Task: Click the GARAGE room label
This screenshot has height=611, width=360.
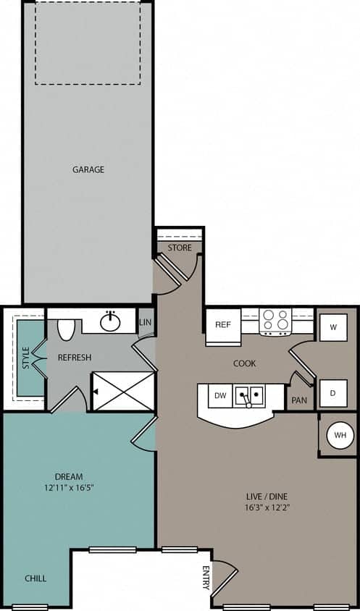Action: point(88,169)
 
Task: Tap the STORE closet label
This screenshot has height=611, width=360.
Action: point(180,248)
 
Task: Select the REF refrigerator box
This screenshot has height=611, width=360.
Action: point(223,324)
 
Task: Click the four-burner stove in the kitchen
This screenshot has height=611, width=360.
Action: point(275,319)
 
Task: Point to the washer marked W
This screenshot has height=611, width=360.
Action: point(333,326)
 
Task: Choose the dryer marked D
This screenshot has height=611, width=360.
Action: point(333,393)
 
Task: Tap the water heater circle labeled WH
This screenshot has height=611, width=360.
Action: point(340,436)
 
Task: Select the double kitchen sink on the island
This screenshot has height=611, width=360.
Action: point(251,395)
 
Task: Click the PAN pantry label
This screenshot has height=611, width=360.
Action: point(298,400)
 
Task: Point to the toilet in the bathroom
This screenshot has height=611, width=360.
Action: point(66,329)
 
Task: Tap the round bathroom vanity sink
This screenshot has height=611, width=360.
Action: point(111,321)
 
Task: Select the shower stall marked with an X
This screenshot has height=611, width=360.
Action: point(123,392)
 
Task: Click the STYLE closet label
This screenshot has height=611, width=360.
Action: point(25,358)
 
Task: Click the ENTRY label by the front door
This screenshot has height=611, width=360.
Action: point(206,578)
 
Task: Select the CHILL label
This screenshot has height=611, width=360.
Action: point(35,578)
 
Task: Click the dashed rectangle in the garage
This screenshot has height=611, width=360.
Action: point(88,43)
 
